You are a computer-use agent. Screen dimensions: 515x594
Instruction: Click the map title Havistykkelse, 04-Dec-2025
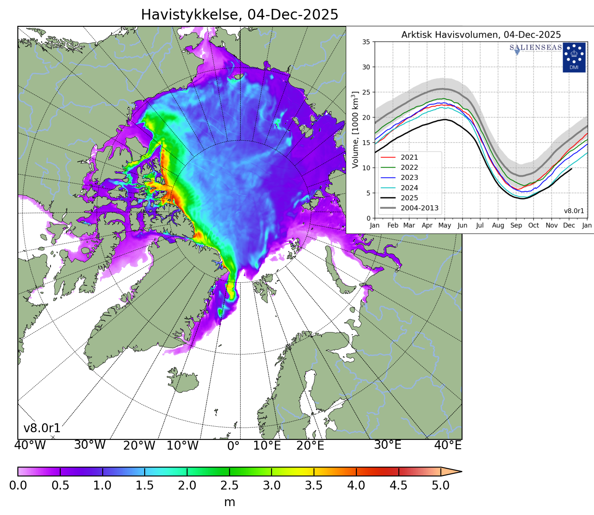[239, 15]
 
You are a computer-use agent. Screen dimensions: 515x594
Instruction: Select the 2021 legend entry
[409, 158]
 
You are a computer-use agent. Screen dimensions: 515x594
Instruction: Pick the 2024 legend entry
[409, 188]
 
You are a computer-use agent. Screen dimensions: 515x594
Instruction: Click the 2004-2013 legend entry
[419, 208]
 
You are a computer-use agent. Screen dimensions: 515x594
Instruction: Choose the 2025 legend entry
[409, 198]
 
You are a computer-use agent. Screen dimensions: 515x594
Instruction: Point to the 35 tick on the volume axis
[366, 42]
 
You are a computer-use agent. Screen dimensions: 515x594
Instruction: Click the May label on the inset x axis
[444, 225]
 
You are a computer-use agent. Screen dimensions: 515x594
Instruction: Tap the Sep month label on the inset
[516, 225]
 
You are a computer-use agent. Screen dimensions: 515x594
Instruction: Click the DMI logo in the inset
[574, 57]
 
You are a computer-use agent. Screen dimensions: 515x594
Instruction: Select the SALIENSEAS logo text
[535, 48]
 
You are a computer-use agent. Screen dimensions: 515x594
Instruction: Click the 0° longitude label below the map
[233, 446]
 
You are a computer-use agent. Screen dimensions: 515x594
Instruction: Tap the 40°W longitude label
[30, 445]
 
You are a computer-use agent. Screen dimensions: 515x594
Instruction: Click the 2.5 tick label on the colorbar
[229, 486]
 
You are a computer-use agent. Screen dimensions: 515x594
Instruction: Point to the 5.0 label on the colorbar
[440, 486]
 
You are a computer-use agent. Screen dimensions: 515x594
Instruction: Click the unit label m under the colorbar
[229, 502]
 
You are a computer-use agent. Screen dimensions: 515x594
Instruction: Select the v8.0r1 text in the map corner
[42, 428]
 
